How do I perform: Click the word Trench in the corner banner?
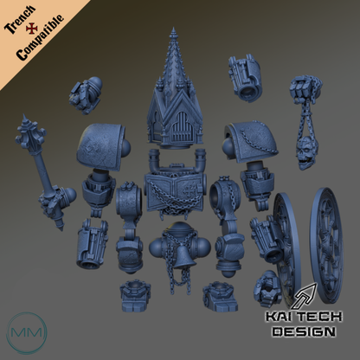[x=20, y=20]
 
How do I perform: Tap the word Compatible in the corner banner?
[x=41, y=37]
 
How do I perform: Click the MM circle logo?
[x=27, y=332]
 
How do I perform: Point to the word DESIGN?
[x=304, y=331]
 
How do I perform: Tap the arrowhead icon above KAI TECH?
[x=304, y=296]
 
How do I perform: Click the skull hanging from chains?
[x=307, y=152]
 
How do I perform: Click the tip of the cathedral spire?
[x=174, y=28]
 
